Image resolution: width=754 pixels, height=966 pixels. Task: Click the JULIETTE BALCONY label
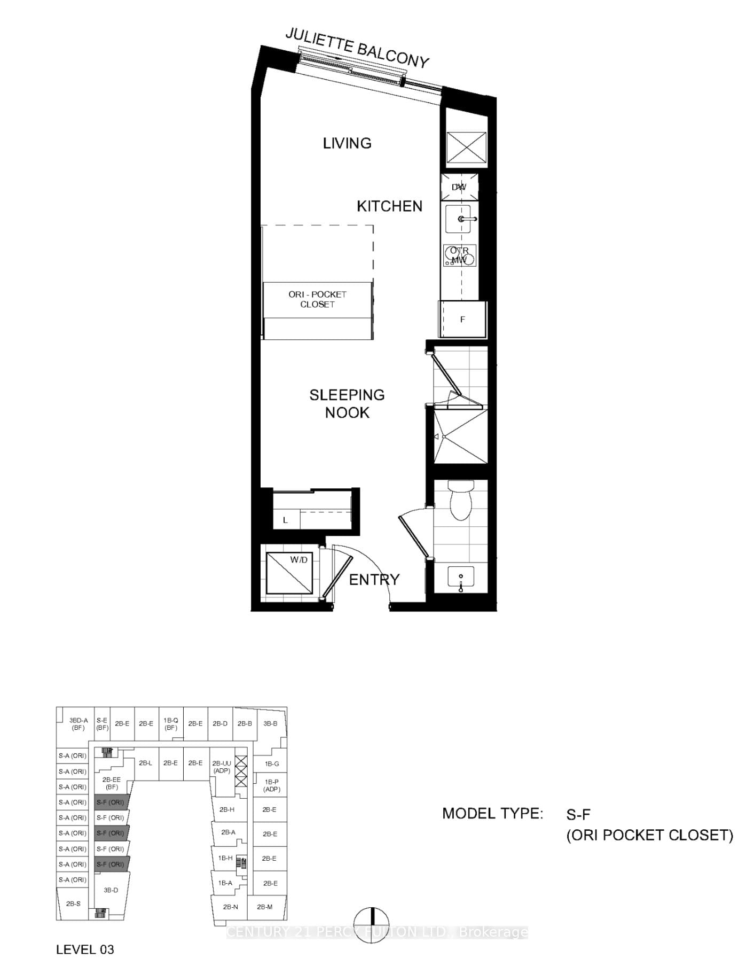coord(357,48)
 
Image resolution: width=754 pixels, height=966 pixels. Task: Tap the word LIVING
coord(347,143)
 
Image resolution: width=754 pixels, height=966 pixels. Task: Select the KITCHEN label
coord(389,206)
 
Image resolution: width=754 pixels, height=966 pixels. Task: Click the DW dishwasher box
coord(459,187)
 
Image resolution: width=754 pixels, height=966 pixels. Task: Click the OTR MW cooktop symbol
coord(459,256)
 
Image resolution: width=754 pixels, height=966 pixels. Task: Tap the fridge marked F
coord(462,320)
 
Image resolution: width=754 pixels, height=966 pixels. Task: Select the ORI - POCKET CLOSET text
coord(317,299)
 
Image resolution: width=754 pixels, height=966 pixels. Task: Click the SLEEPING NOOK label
coord(347,403)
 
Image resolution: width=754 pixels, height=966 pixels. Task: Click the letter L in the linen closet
coord(286,520)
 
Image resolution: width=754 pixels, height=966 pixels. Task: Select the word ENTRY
coord(374,580)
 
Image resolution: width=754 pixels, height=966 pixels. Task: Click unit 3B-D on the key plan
coord(111,890)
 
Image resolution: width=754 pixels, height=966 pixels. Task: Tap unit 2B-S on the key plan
coord(73,903)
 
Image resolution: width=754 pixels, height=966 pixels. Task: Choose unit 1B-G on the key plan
coord(271,764)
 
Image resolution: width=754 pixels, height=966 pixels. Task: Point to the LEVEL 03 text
coord(85,949)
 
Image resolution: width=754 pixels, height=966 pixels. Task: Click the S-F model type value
coord(578,814)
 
